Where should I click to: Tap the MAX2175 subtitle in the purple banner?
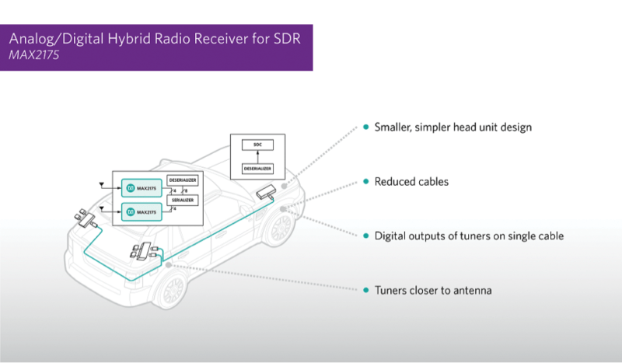pyautogui.click(x=34, y=57)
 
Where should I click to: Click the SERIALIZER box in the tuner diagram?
pyautogui.click(x=183, y=200)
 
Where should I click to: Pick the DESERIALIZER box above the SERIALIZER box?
pyautogui.click(x=183, y=180)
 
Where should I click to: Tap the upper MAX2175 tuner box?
pyautogui.click(x=142, y=187)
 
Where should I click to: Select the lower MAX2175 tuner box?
pyautogui.click(x=142, y=211)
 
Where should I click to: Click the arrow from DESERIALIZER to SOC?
pyautogui.click(x=257, y=155)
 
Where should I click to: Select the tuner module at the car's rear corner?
pyautogui.click(x=83, y=217)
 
